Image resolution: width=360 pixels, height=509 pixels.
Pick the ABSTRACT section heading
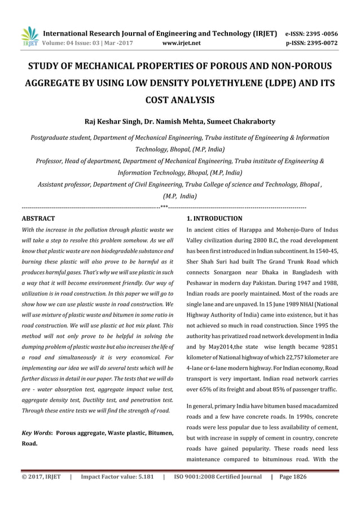click(38, 218)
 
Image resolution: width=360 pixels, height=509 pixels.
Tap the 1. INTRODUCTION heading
click(214, 218)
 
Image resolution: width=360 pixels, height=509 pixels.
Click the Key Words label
click(36, 433)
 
